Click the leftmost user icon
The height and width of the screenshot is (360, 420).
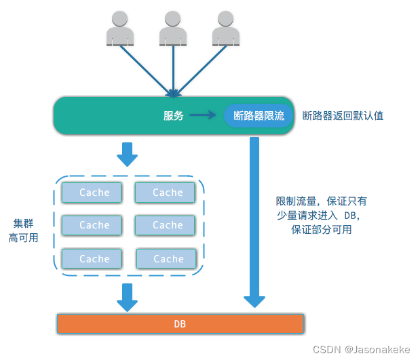click(x=120, y=28)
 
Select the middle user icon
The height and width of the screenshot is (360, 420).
click(x=173, y=28)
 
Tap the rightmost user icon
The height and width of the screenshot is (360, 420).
click(x=225, y=28)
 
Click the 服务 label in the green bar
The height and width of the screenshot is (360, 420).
click(x=174, y=116)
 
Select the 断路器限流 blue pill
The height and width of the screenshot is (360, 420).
click(x=259, y=116)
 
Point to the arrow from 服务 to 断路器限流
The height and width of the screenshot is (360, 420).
click(x=203, y=116)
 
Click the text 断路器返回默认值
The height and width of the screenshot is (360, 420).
click(x=343, y=116)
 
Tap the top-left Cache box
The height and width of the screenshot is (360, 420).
click(x=92, y=193)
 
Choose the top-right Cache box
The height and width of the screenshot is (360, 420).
click(x=166, y=193)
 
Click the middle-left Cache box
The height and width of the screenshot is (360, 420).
click(x=92, y=225)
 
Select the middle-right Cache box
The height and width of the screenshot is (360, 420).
click(x=166, y=225)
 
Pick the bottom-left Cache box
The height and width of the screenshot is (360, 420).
click(x=92, y=258)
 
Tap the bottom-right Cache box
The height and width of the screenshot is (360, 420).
click(x=167, y=258)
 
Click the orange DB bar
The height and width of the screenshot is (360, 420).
click(x=180, y=324)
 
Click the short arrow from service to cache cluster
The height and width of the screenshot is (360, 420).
click(x=127, y=155)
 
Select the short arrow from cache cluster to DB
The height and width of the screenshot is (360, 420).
click(x=127, y=297)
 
